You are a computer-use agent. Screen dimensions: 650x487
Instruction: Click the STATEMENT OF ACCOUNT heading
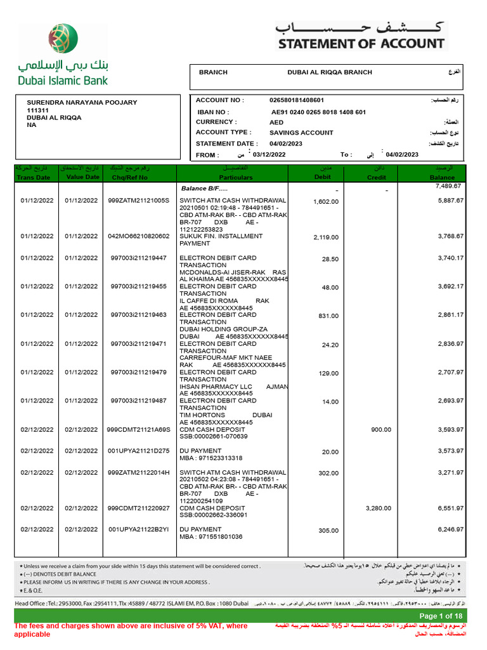point(361,44)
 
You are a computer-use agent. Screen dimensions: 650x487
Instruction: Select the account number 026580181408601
point(297,100)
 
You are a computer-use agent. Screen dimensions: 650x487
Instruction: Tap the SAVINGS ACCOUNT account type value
point(301,133)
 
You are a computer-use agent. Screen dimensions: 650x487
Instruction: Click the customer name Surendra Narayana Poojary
point(82,102)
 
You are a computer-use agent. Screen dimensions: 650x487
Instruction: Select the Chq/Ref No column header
point(139,178)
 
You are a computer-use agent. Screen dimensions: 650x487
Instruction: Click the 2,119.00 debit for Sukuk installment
point(326,237)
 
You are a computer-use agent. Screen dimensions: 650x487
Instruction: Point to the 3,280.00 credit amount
point(379,508)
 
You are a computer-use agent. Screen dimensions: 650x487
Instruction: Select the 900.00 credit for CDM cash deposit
point(380,430)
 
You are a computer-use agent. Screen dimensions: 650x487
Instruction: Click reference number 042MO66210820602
point(139,236)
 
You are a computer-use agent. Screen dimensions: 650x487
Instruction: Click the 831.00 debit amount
point(328,316)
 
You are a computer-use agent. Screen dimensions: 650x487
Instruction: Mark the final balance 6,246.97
point(450,529)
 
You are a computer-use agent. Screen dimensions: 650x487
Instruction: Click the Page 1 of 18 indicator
point(441,616)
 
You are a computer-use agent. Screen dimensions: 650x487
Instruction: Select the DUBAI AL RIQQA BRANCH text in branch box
point(330,72)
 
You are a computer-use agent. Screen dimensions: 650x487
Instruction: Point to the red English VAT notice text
point(131,630)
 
